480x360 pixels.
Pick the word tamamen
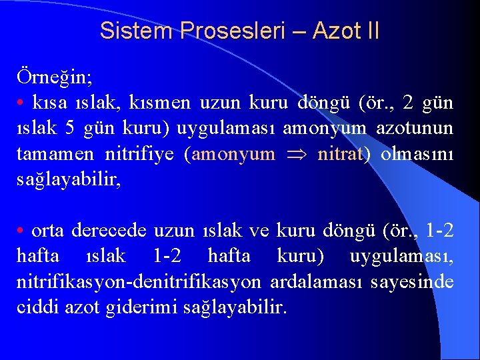(55, 155)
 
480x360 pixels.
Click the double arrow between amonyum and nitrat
(297, 155)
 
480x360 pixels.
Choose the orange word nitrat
(340, 155)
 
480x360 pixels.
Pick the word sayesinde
(417, 282)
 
